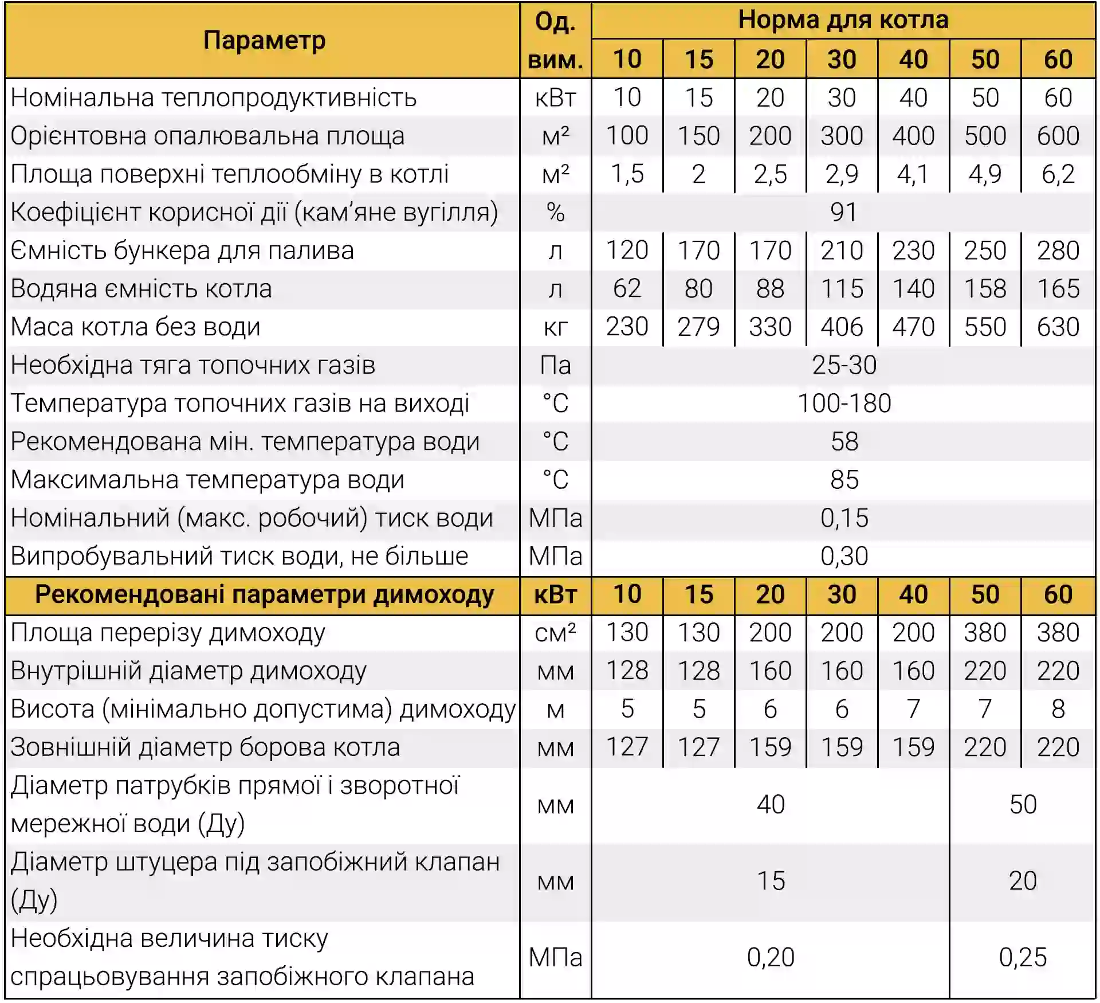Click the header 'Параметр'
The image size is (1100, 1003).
(264, 41)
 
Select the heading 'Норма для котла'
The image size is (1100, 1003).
(843, 20)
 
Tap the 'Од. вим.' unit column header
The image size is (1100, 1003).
(555, 41)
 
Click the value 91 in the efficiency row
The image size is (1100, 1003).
(843, 213)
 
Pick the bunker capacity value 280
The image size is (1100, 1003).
(1058, 250)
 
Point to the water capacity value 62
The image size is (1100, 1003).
(627, 288)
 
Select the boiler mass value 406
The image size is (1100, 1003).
(842, 327)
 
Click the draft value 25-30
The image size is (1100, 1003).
(844, 365)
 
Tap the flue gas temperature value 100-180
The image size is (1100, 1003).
(844, 403)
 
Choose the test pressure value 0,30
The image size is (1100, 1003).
(844, 557)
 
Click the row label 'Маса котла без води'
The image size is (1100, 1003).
(136, 327)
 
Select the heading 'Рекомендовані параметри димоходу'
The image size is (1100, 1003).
(264, 595)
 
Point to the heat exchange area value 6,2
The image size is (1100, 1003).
(1058, 174)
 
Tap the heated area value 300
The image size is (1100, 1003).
(842, 136)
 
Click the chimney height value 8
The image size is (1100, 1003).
(1058, 710)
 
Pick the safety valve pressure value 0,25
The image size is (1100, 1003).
(1023, 958)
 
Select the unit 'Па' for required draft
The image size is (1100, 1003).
(555, 365)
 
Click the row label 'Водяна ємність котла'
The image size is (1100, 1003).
(142, 288)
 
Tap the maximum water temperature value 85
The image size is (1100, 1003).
(844, 480)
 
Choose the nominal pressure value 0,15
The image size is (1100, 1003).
(844, 518)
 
